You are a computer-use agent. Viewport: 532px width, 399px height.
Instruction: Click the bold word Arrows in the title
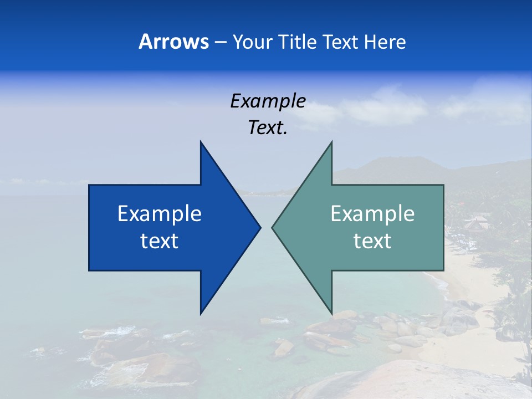pyautogui.click(x=173, y=42)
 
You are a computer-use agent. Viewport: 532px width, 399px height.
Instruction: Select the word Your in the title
pyautogui.click(x=253, y=42)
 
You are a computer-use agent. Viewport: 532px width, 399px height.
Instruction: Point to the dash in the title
pyautogui.click(x=220, y=42)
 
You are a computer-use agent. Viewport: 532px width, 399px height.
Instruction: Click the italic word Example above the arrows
pyautogui.click(x=268, y=101)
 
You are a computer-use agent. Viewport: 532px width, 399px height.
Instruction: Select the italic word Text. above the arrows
pyautogui.click(x=268, y=127)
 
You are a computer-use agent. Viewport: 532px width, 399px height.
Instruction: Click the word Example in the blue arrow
pyautogui.click(x=160, y=213)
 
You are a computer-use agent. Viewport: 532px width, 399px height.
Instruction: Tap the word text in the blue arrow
pyautogui.click(x=160, y=241)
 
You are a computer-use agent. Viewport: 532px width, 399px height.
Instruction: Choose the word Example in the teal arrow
pyautogui.click(x=372, y=213)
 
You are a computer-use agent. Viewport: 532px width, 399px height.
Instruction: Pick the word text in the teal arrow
pyautogui.click(x=372, y=241)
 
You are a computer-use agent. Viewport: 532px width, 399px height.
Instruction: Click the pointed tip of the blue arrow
pyautogui.click(x=259, y=227)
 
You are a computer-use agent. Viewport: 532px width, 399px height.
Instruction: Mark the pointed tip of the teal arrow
pyautogui.click(x=273, y=227)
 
